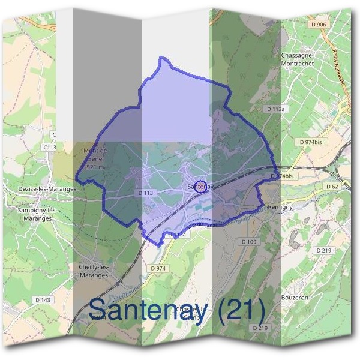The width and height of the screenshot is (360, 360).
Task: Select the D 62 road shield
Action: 332,187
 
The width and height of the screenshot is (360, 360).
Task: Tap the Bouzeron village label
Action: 294,297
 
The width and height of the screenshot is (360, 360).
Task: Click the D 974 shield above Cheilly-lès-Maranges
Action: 158,268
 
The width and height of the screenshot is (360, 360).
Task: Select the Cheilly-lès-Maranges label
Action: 93,271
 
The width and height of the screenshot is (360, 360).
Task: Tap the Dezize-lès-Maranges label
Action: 47,188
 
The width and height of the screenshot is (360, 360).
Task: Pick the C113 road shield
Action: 50,147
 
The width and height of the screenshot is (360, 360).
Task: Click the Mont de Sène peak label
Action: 95,154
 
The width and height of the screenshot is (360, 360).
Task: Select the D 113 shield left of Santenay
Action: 146,193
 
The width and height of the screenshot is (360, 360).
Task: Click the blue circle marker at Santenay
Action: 202,186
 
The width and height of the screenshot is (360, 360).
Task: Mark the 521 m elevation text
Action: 95,167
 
